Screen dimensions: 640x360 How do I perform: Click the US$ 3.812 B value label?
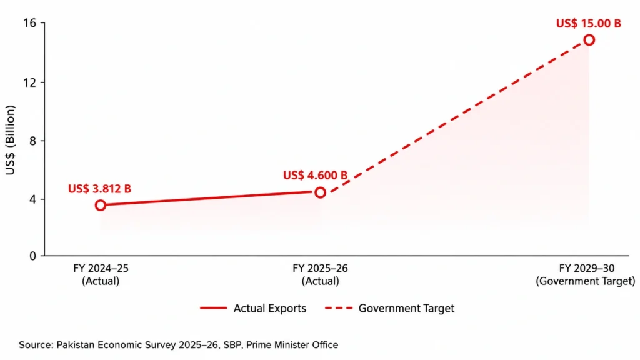99,189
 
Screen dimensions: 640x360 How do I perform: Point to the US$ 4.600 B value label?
315,175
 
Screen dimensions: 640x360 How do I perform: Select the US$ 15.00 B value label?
589,23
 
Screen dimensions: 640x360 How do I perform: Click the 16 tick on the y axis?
30,23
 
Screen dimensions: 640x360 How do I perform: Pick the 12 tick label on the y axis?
30,82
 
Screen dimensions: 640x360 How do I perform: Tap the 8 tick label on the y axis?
32,141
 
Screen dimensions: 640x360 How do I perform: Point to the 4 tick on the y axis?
32,199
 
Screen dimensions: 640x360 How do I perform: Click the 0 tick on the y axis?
32,256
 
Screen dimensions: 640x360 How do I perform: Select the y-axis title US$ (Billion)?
10,140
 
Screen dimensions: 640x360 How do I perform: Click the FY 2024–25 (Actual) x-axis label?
101,275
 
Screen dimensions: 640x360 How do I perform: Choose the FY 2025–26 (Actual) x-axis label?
321,275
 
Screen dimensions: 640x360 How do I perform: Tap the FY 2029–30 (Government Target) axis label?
586,275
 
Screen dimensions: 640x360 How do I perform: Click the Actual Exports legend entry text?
270,308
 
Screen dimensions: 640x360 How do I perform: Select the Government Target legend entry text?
406,308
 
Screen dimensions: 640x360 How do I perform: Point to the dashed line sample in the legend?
339,307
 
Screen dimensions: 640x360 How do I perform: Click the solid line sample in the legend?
214,307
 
